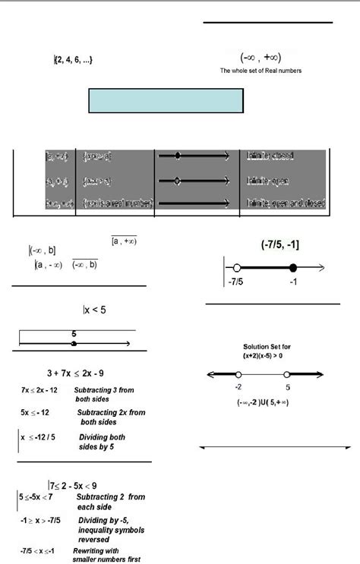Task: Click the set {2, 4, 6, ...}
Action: click(x=74, y=59)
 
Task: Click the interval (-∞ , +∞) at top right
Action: click(x=261, y=57)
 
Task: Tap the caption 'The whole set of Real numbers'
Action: click(x=261, y=71)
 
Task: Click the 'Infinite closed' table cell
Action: click(x=270, y=156)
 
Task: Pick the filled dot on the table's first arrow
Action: click(x=178, y=156)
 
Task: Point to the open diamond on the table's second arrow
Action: click(x=178, y=181)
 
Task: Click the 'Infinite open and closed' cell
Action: click(x=286, y=203)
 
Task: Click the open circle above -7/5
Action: click(x=237, y=267)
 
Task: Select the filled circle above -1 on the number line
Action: click(x=293, y=267)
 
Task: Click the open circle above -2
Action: click(x=238, y=375)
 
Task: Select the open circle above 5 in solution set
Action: click(x=287, y=375)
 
